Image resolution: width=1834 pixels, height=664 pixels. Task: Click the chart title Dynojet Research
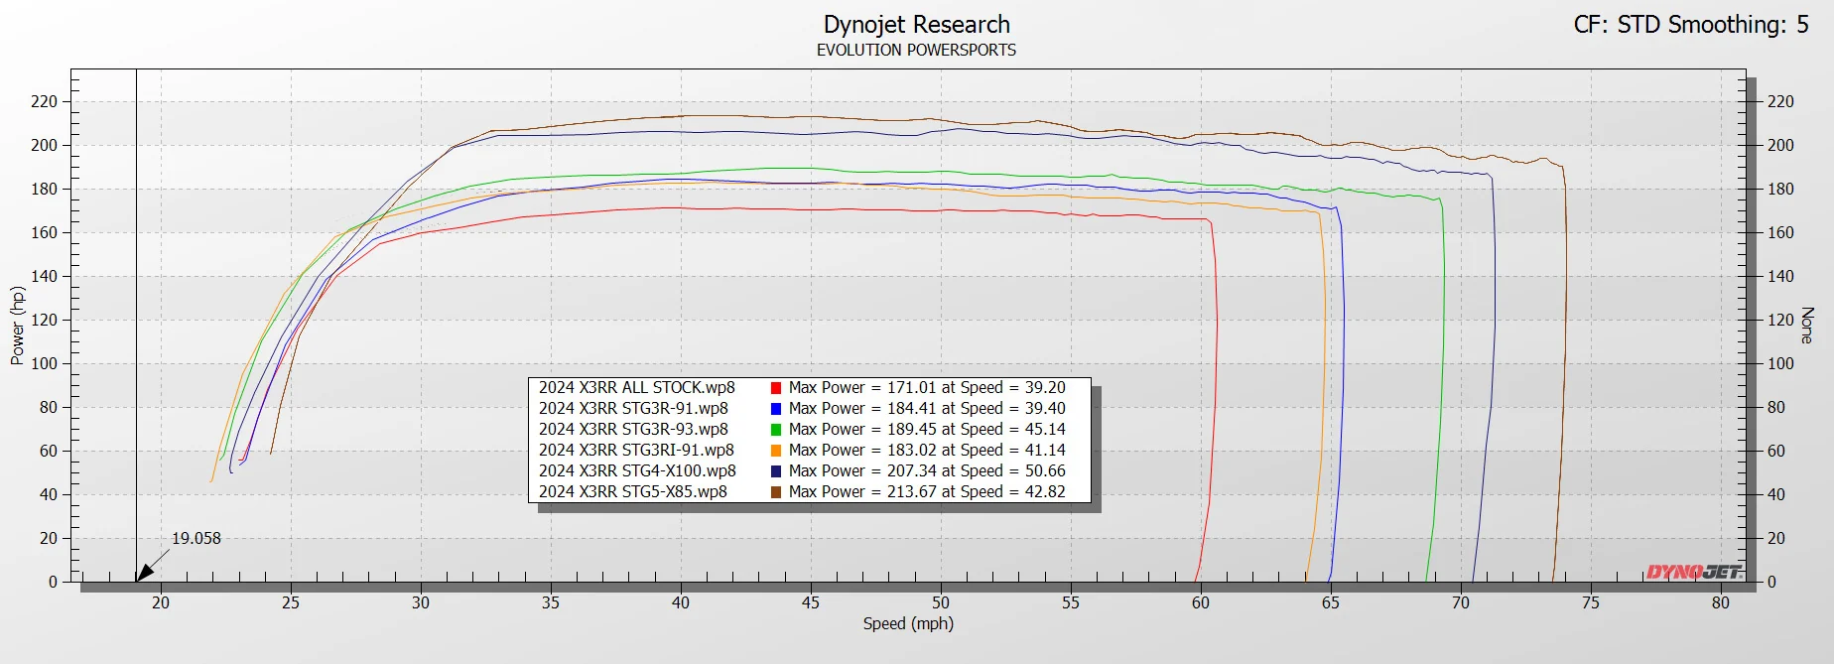pos(916,25)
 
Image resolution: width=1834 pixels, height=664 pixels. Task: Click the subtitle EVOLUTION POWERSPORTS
pos(916,50)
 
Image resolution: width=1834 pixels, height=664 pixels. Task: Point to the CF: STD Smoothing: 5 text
pos(1691,25)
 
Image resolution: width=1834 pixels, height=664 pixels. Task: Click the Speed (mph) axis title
pos(908,623)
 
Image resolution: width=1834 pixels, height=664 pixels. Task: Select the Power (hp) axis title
pos(17,326)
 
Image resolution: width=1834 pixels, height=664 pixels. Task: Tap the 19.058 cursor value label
pos(196,538)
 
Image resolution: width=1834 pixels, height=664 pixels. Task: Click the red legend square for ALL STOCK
pos(776,388)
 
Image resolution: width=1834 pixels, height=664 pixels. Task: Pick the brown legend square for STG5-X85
pos(776,492)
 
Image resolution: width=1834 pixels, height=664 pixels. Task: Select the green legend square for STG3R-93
pos(776,430)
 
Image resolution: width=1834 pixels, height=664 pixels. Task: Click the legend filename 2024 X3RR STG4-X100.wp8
pos(637,470)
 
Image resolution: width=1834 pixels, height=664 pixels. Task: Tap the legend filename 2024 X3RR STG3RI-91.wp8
pos(636,450)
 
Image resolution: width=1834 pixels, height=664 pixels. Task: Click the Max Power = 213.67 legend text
pos(860,491)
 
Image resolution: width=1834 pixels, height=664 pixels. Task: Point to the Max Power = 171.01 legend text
pos(860,387)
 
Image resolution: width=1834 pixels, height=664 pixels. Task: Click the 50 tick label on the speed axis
pos(941,602)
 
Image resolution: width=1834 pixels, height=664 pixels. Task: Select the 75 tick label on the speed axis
pos(1591,602)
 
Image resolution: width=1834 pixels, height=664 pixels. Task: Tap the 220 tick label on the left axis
pos(45,101)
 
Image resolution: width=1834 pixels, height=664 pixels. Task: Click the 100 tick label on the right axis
pos(1780,363)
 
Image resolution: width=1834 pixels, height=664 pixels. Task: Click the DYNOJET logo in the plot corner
pos(1694,572)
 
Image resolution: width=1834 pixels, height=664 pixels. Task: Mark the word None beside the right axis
pos(1807,326)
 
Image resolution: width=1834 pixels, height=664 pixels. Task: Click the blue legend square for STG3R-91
pos(776,409)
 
